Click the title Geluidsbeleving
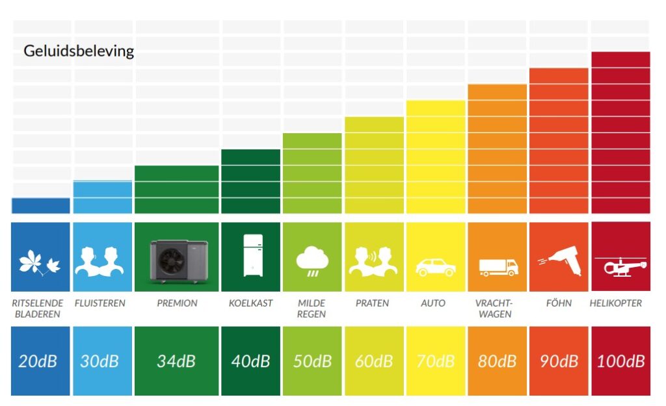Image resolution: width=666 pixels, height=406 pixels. (x=79, y=51)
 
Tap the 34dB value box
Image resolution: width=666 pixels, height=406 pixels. (x=176, y=361)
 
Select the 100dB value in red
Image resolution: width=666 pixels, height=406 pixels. (x=620, y=361)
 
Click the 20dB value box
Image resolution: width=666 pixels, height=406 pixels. (x=40, y=361)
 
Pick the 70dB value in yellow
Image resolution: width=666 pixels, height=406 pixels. (x=435, y=361)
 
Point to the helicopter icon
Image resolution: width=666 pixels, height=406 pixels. (x=620, y=265)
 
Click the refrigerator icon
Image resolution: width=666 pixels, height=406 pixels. (x=251, y=257)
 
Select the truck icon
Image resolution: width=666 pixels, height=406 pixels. (x=498, y=266)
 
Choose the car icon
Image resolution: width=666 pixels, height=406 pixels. (x=435, y=266)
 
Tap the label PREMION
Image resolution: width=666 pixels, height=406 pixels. (x=177, y=303)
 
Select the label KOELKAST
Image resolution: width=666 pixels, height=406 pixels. (x=251, y=303)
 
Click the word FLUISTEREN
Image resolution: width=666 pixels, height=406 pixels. (x=100, y=303)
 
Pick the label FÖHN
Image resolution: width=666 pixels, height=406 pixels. (x=559, y=303)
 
